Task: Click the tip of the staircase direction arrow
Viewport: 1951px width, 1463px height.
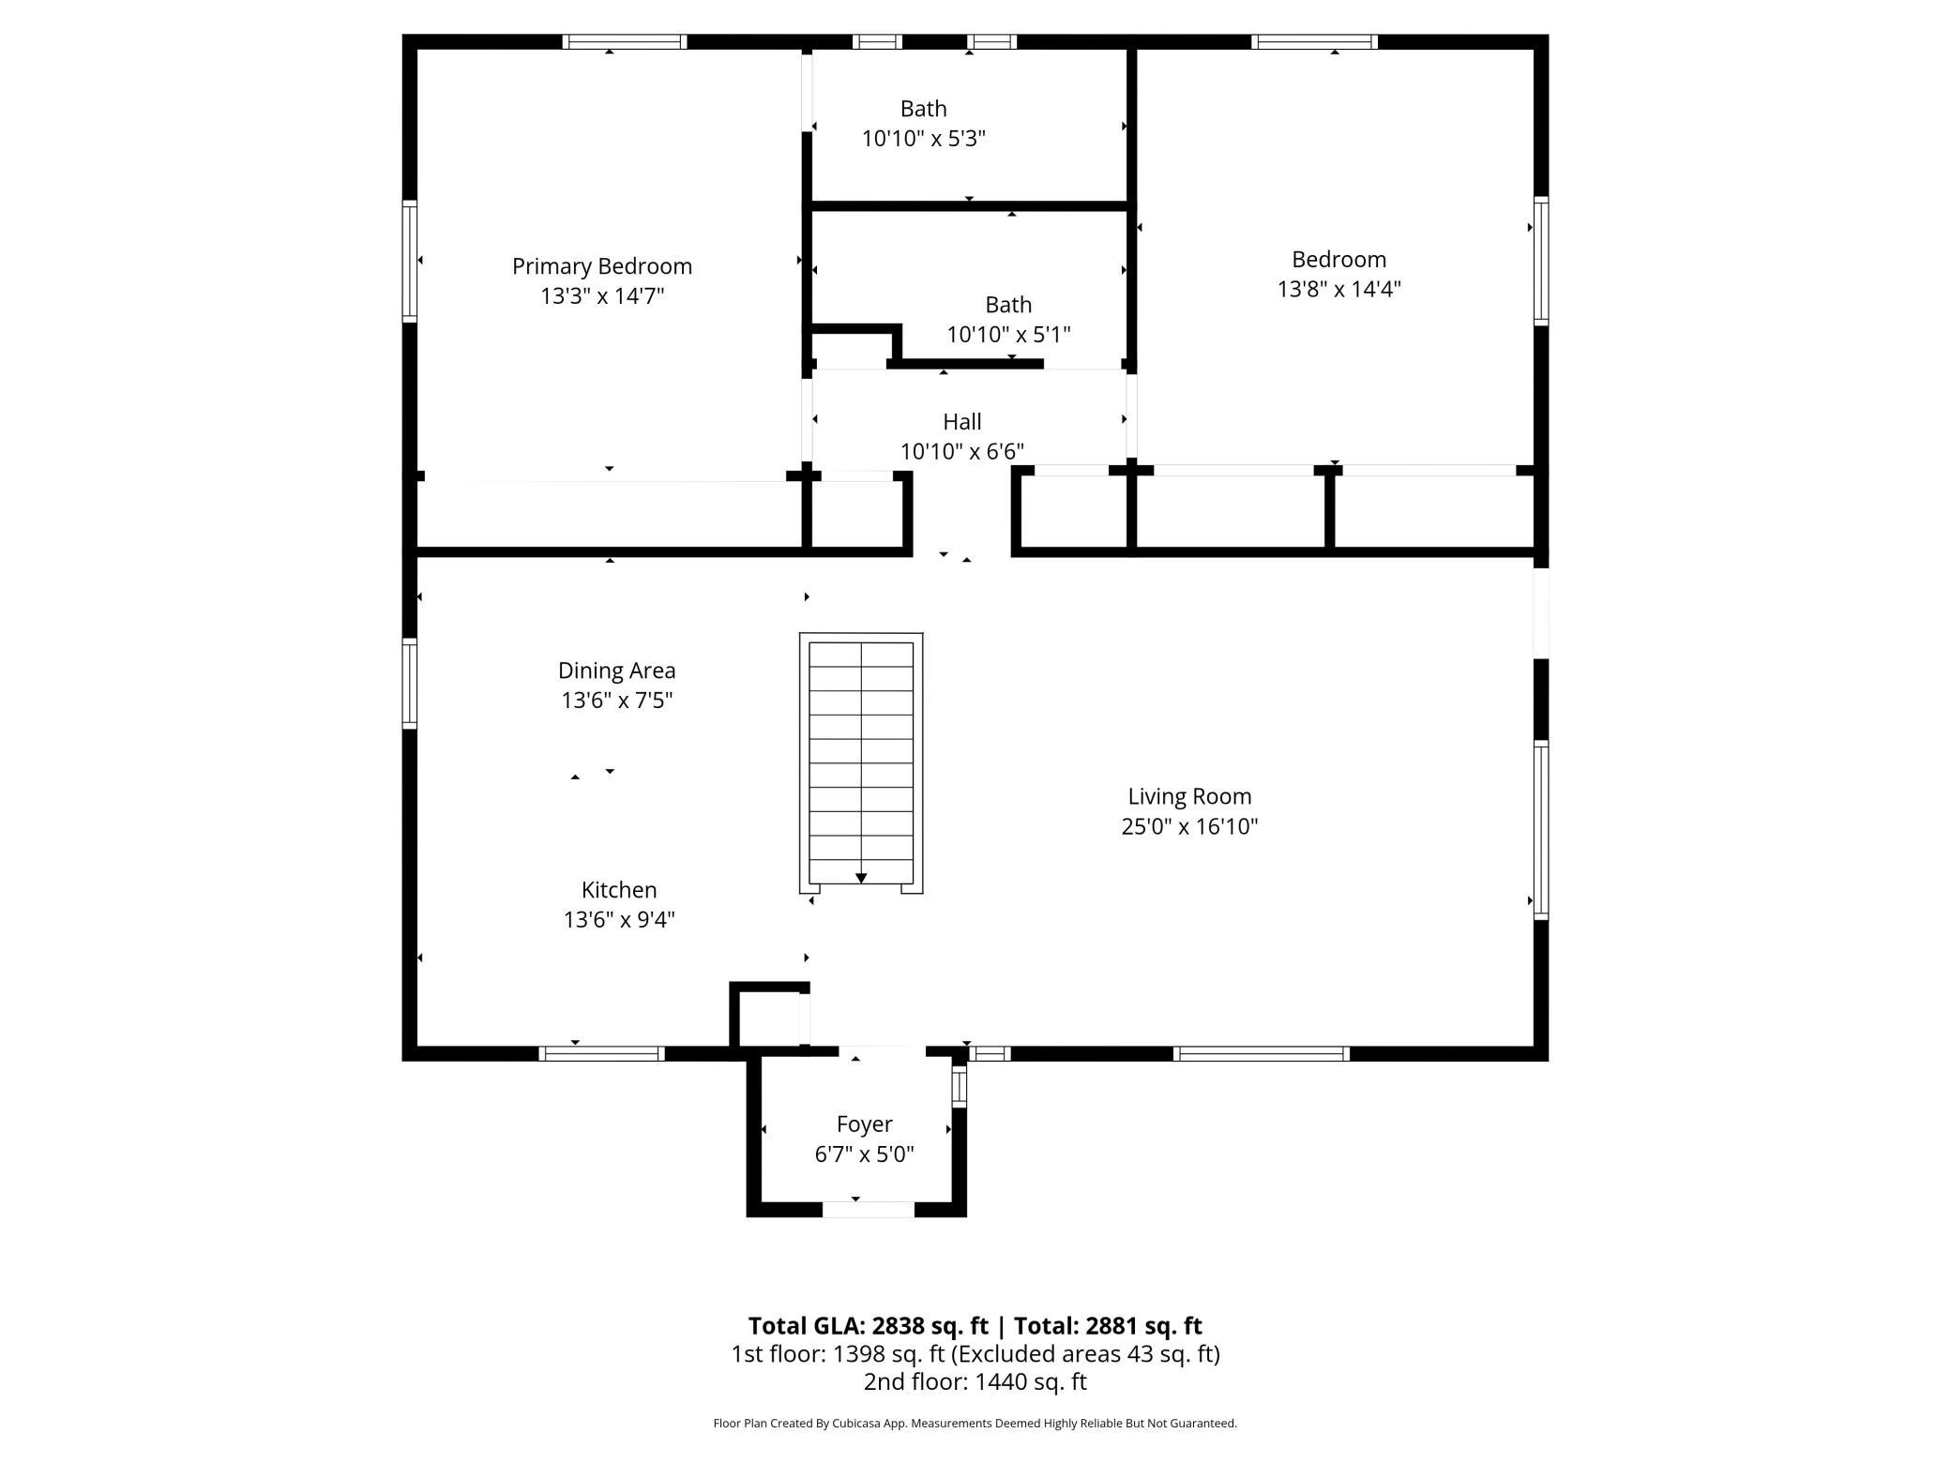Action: coord(861,883)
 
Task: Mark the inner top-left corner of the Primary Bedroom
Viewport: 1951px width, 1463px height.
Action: coord(417,50)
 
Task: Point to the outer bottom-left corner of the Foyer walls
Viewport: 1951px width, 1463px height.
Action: coord(747,1217)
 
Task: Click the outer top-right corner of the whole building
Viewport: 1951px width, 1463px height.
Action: coord(1548,35)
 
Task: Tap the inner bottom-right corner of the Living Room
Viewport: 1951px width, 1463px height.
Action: coord(1534,1046)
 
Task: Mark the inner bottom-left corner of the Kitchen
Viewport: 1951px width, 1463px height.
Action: coord(417,1046)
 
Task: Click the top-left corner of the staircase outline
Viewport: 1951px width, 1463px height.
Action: coord(800,633)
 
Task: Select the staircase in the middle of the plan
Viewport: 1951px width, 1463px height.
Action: coord(861,762)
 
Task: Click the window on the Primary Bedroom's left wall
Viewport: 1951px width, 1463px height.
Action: coord(410,261)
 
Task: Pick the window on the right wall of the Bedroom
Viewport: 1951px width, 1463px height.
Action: coord(1541,261)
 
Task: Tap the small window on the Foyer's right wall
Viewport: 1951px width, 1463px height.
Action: coord(959,1086)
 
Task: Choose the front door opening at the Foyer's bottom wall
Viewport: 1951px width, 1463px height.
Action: coord(869,1210)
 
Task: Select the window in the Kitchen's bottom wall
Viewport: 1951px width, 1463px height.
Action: coord(602,1053)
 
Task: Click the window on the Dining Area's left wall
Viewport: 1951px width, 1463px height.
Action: coord(410,684)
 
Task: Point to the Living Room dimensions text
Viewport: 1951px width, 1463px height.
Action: coord(1189,826)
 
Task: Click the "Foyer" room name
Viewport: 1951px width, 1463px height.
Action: coord(865,1124)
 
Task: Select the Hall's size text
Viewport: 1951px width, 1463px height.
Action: coord(962,451)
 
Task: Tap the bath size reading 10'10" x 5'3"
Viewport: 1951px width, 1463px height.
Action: coord(924,139)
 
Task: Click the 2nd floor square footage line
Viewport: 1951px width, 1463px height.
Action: coord(975,1381)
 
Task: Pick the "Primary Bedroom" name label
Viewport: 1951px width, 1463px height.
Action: coord(602,266)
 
